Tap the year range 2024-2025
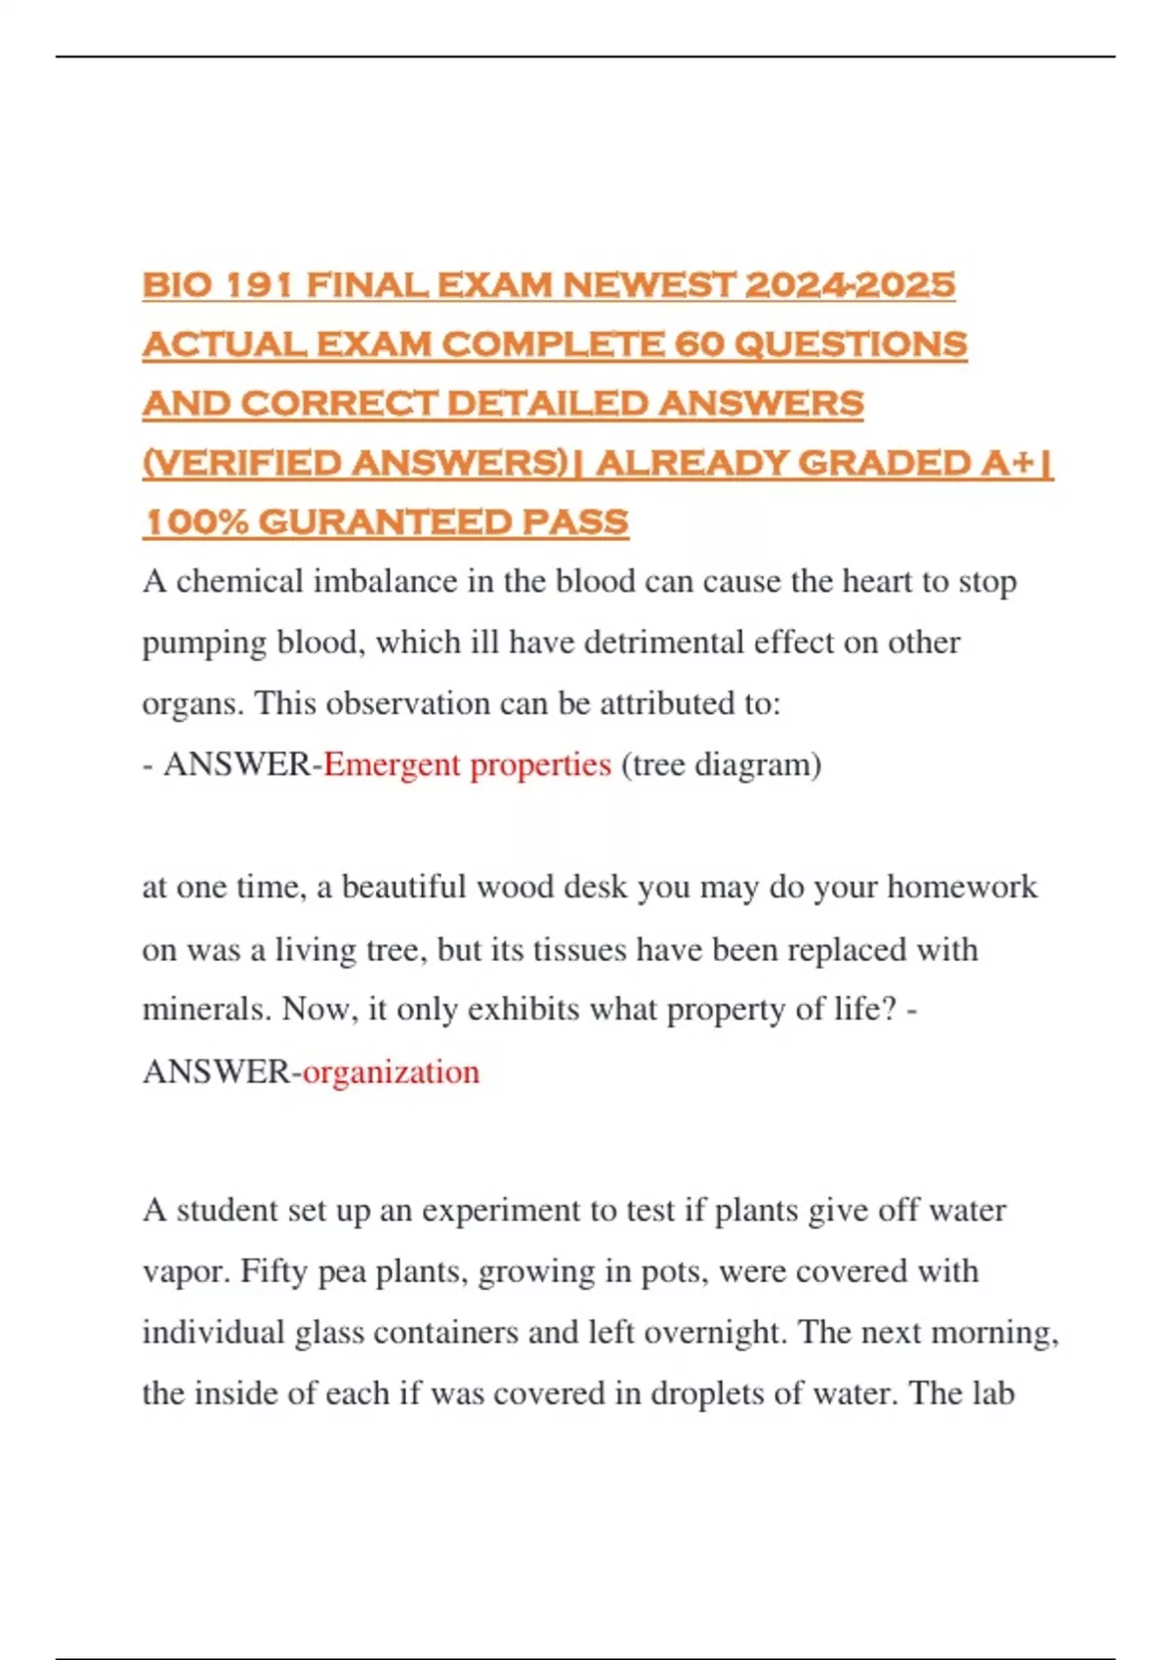[850, 285]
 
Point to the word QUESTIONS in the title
[850, 345]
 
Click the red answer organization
[391, 1072]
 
